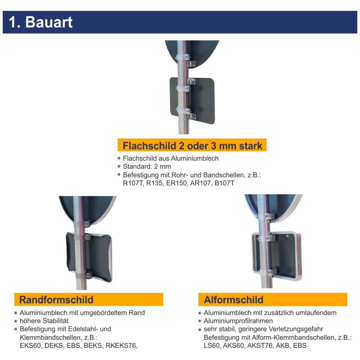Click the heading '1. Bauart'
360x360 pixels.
(40, 22)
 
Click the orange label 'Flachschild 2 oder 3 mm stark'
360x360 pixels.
(192, 145)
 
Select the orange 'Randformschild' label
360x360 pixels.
(56, 300)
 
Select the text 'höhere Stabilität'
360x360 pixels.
(44, 321)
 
